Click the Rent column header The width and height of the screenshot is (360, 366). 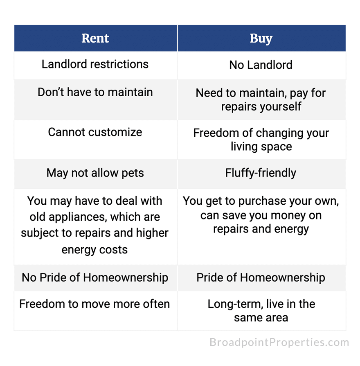95,38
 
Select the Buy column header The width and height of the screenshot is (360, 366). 261,38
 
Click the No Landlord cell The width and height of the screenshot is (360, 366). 261,65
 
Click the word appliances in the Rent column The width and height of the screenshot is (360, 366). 78,217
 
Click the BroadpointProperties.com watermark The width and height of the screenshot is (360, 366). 279,342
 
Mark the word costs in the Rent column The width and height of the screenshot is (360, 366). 113,250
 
